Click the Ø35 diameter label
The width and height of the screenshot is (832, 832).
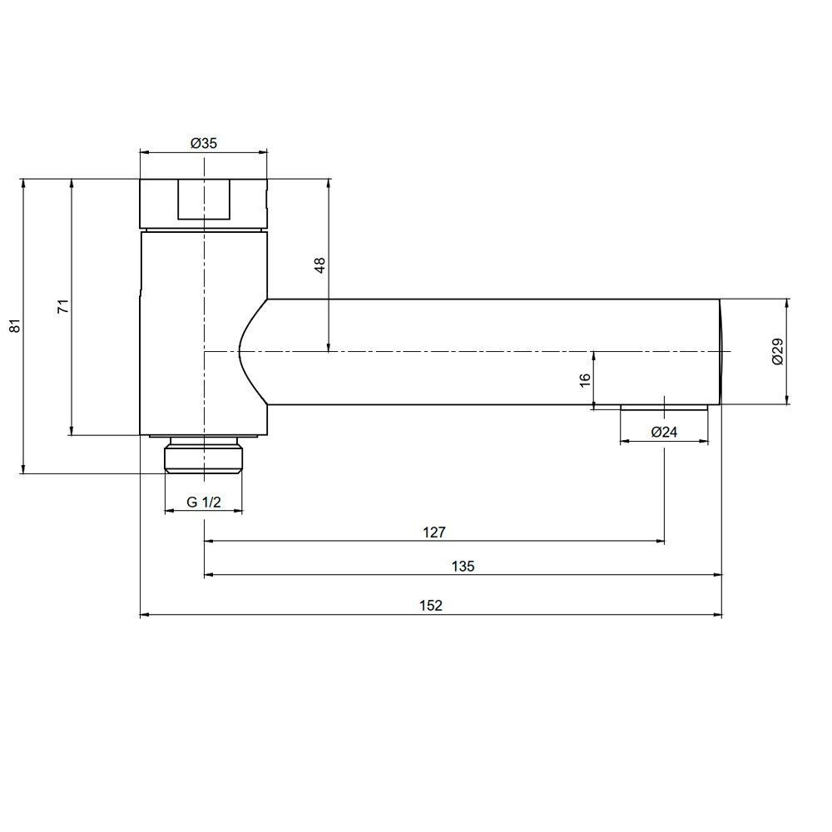point(203,143)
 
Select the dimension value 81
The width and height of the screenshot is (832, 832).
point(13,326)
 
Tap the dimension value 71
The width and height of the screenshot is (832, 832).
point(62,307)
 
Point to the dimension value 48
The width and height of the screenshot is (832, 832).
point(319,265)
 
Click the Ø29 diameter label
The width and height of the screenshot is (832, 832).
point(777,352)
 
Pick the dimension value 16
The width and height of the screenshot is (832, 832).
point(584,379)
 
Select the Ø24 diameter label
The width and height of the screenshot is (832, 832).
point(663,432)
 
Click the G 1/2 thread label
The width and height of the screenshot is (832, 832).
point(203,502)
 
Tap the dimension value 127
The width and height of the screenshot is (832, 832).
point(434,532)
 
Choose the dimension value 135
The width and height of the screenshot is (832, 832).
point(463,566)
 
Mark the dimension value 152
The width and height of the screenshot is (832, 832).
point(430,605)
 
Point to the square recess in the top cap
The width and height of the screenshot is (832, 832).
point(203,201)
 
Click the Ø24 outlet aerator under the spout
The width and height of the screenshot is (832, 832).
point(664,408)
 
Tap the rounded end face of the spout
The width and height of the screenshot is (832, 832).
point(721,352)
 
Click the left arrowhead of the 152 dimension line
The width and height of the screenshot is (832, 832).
point(144,615)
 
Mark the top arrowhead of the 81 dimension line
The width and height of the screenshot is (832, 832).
point(24,182)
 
